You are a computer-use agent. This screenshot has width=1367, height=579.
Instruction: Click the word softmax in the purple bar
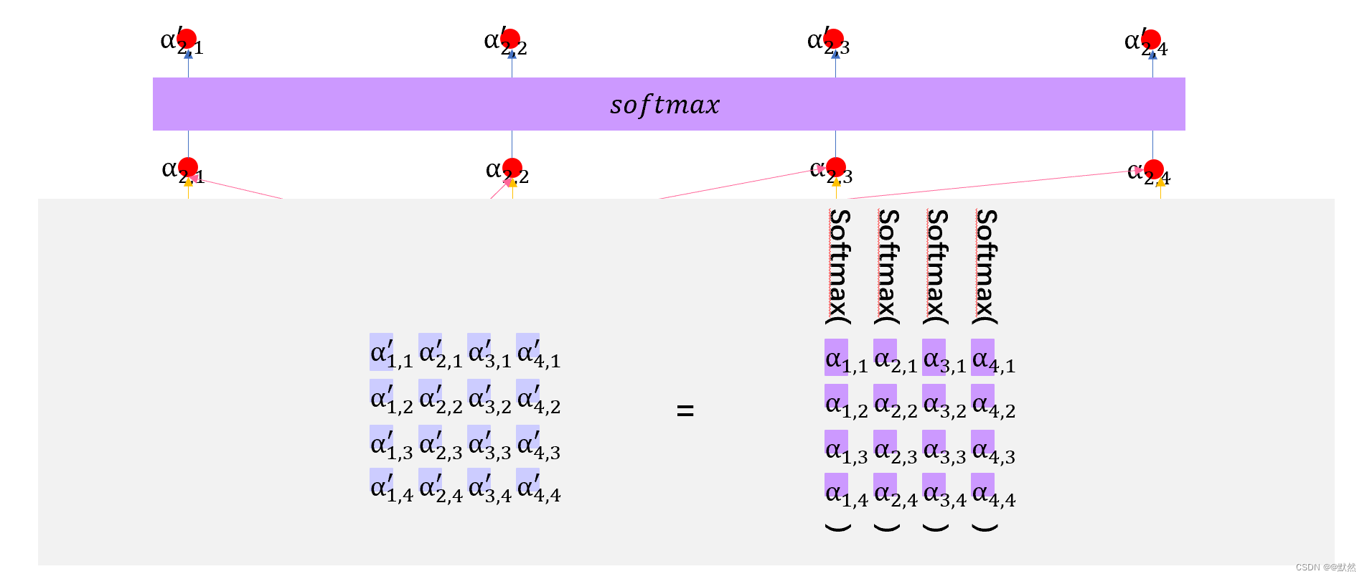[664, 105]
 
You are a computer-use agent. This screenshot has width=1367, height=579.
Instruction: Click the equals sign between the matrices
[685, 410]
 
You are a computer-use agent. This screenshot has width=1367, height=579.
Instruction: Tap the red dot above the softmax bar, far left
[187, 39]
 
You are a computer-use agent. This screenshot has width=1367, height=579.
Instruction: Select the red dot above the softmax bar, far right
[1152, 39]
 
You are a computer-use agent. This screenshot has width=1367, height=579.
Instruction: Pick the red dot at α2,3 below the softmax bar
[836, 168]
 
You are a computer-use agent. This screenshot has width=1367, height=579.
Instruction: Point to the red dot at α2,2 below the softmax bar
[512, 168]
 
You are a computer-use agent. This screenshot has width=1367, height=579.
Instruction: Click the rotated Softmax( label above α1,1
[839, 265]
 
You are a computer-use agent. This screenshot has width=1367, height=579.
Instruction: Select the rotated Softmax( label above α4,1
[986, 265]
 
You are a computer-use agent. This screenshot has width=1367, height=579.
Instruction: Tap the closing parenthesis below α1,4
[838, 527]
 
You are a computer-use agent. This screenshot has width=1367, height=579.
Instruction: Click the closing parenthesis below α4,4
[985, 527]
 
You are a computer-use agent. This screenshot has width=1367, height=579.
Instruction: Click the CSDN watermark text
[1325, 567]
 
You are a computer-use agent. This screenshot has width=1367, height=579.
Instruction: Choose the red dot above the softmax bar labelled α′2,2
[510, 39]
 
